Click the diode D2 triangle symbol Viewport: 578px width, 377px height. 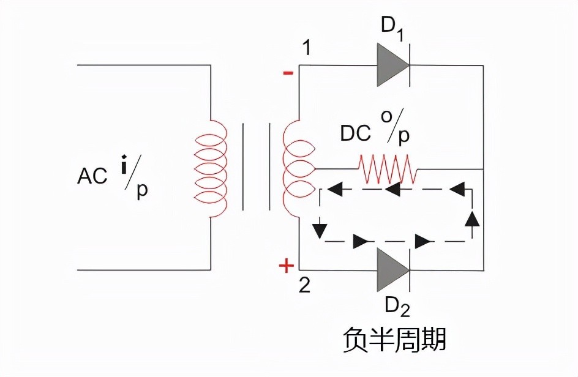click(391, 269)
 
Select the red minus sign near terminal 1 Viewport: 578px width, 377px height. click(287, 73)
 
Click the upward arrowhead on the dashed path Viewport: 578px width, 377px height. click(471, 218)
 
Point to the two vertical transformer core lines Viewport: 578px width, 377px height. click(257, 166)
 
